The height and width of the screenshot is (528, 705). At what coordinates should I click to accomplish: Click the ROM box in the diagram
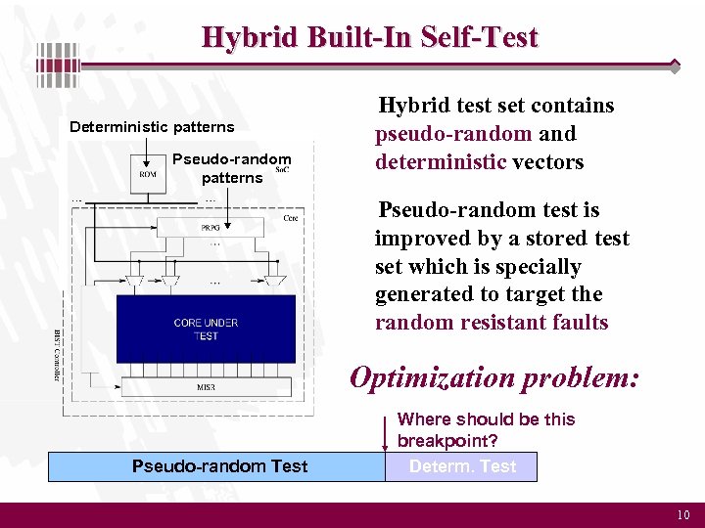(x=147, y=175)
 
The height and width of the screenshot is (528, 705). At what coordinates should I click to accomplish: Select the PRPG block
(x=210, y=227)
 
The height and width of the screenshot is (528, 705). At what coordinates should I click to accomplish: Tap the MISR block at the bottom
(x=206, y=387)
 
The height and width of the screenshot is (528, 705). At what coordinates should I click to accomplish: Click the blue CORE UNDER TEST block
(x=206, y=330)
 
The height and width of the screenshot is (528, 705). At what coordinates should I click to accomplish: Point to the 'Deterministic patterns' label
(x=152, y=127)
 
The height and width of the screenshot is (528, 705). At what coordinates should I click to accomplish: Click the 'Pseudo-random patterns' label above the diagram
(x=232, y=168)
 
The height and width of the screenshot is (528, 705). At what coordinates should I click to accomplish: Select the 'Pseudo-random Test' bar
(x=219, y=466)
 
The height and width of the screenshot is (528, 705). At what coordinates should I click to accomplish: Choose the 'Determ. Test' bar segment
(x=462, y=466)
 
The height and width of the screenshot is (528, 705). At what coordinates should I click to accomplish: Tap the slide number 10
(x=682, y=515)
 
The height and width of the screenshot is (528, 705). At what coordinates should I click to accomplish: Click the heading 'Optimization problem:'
(x=495, y=377)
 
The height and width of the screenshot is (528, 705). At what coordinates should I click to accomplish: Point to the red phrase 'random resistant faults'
(x=492, y=323)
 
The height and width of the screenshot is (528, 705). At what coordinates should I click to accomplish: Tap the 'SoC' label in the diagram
(x=281, y=170)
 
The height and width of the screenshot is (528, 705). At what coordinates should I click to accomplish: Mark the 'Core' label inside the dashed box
(x=290, y=218)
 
